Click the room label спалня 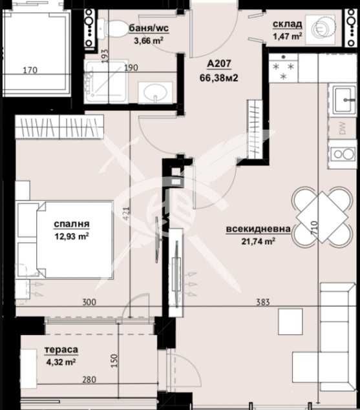[72, 224]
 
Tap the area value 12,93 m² [72, 236]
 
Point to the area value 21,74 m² [259, 241]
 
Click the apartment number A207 [220, 64]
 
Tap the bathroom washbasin [155, 93]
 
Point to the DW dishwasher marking [342, 128]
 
